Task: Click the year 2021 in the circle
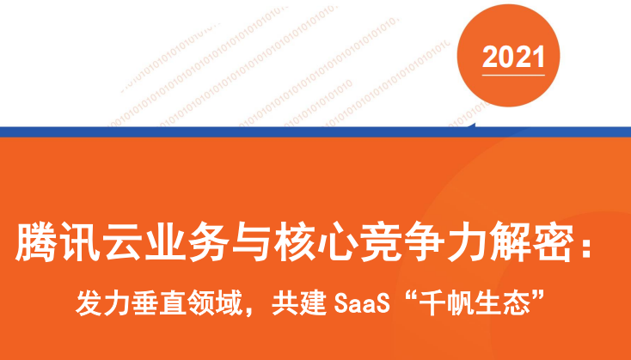[x=513, y=57]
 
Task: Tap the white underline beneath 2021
[x=513, y=75]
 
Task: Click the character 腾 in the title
[x=35, y=242]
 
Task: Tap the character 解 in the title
[x=510, y=242]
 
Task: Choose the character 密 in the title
[x=553, y=242]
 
